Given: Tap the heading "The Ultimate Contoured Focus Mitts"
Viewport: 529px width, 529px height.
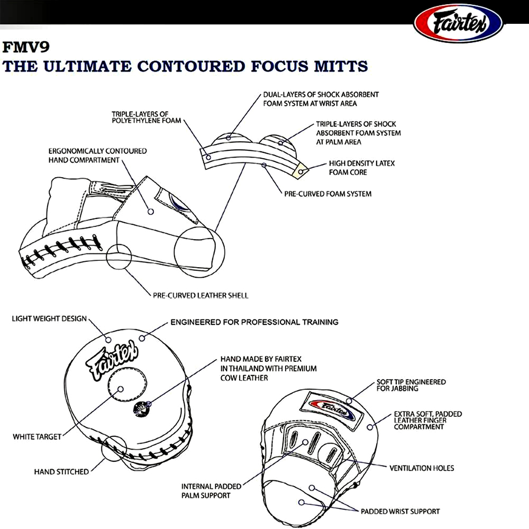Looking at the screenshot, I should (185, 67).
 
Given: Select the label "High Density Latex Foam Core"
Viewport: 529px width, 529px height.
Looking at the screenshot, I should (362, 168).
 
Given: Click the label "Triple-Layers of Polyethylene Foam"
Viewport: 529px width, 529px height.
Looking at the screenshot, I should (146, 117).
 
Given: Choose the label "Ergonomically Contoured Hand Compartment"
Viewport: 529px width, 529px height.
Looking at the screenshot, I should (97, 156).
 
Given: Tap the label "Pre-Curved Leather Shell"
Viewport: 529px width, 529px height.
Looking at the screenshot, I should (200, 295).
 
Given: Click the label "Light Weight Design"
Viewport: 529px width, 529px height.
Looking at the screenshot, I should (49, 319).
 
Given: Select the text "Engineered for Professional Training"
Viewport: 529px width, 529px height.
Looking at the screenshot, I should (254, 322).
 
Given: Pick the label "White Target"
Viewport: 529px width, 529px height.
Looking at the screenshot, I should (37, 437).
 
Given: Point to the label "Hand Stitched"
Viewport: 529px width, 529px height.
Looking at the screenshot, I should (61, 471).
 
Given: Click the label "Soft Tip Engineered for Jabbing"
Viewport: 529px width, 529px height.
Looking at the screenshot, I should (411, 385).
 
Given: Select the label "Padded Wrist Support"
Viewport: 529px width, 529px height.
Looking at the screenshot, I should (400, 512).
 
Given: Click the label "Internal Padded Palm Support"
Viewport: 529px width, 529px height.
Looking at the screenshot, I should (211, 491).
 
